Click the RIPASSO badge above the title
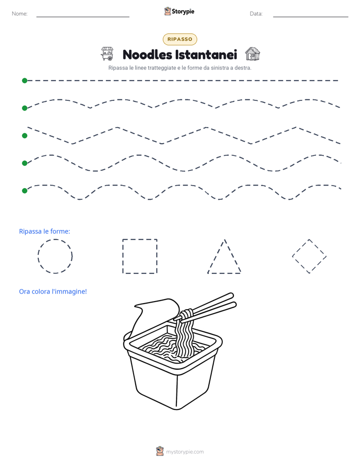click(179, 39)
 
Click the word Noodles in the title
click(147, 54)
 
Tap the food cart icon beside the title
click(107, 53)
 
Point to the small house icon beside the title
click(253, 54)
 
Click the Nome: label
click(20, 14)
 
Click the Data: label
click(256, 14)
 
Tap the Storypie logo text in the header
click(183, 12)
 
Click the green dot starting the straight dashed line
click(25, 81)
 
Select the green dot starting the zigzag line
click(25, 136)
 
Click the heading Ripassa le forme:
click(44, 231)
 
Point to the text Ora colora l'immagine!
click(53, 292)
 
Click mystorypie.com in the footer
click(185, 452)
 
